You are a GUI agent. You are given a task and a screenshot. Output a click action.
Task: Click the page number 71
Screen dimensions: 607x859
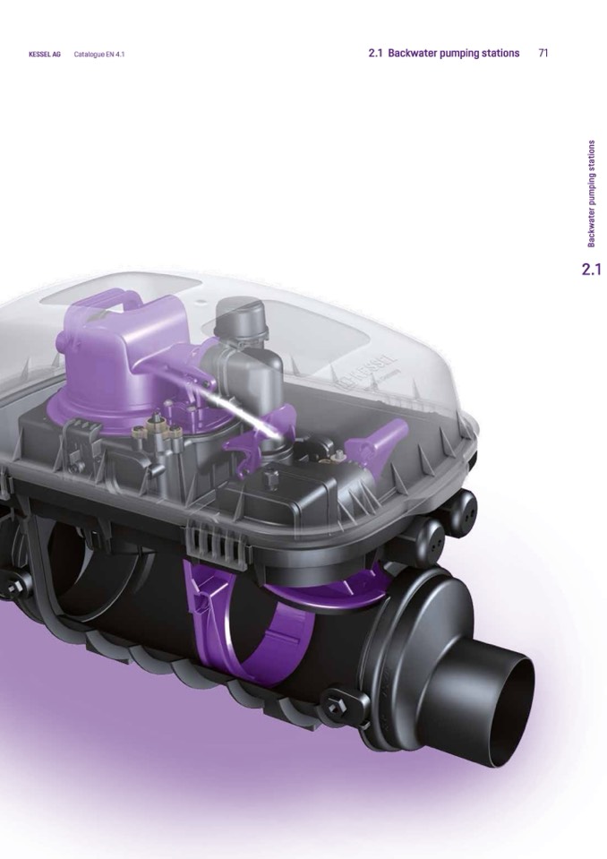tap(543, 53)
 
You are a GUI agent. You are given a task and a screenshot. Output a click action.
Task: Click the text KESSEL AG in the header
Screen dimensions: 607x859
tap(45, 55)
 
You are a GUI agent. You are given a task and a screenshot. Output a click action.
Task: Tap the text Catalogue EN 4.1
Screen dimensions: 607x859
tap(99, 55)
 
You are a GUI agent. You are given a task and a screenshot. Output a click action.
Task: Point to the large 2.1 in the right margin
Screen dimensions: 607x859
tap(591, 270)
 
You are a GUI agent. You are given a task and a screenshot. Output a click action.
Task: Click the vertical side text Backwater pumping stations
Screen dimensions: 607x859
tap(591, 194)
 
